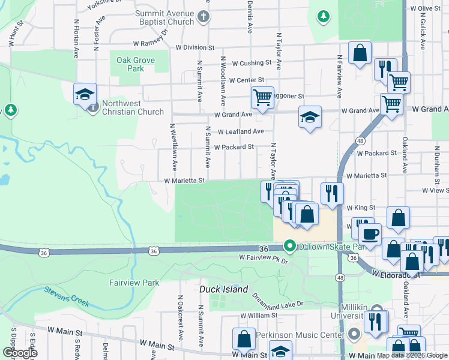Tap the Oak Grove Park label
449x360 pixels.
click(131, 64)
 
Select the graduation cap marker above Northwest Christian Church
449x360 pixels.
click(85, 94)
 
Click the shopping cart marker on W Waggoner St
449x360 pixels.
click(262, 97)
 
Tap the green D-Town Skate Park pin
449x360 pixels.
click(291, 246)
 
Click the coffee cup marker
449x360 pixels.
click(370, 234)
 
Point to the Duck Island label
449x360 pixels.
click(223, 289)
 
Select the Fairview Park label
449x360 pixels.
click(134, 282)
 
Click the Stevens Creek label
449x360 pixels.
click(67, 296)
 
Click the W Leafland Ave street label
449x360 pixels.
click(241, 131)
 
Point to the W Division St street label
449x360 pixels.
click(195, 47)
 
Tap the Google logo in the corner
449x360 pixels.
click(20, 353)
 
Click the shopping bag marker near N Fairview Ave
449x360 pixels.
click(359, 53)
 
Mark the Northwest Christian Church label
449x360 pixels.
click(133, 107)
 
